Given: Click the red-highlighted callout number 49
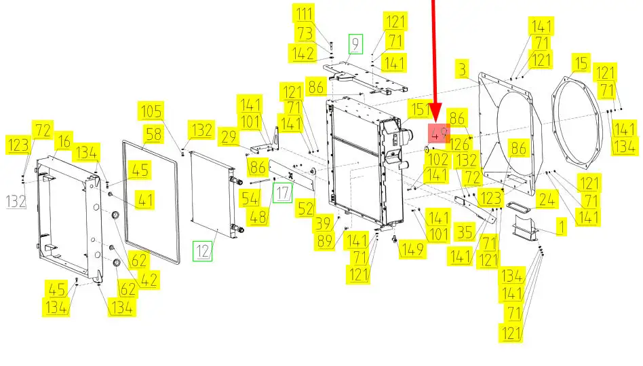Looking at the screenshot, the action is point(439,133).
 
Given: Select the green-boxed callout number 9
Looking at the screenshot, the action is point(355,44).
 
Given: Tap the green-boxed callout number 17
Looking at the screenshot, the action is point(283,193).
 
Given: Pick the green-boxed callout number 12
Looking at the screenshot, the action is point(203,251).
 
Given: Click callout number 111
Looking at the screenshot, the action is point(304,14).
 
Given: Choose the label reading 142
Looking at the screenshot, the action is point(303,54).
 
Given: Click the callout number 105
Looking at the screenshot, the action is point(151,111).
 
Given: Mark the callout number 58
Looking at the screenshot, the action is point(153,134).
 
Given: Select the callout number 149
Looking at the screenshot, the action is point(412,249).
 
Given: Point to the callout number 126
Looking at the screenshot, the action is point(459,144).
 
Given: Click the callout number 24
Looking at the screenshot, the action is point(547,200).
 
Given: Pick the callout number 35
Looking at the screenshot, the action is point(465,232).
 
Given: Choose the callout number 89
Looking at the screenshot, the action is point(325,241).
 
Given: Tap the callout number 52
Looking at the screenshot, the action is point(305,209).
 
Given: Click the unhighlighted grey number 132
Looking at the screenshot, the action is point(16,202).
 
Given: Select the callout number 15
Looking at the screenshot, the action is point(581,63).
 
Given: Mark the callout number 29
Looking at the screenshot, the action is point(229,136).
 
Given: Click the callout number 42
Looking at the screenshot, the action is point(149,280).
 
